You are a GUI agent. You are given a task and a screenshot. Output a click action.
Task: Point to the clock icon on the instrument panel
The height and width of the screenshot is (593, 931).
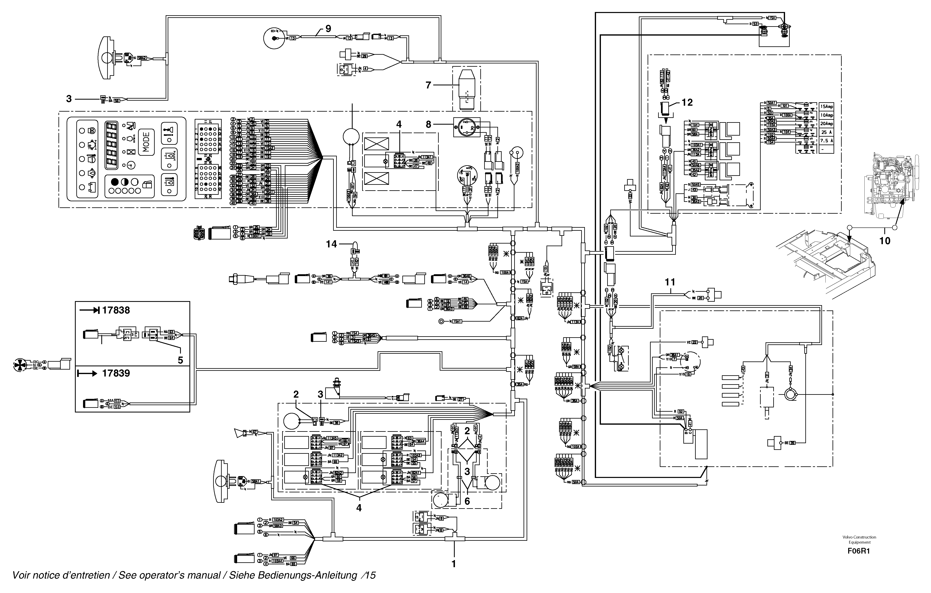(131, 165)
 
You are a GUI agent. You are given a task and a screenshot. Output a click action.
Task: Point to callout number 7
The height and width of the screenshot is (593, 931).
(428, 85)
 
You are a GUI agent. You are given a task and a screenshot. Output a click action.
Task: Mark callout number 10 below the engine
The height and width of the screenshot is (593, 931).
(885, 241)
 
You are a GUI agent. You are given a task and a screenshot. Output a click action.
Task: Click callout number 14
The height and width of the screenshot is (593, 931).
(331, 244)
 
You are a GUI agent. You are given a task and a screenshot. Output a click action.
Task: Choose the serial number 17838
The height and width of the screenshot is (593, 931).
(116, 310)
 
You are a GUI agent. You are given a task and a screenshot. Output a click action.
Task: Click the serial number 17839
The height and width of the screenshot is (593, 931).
(116, 373)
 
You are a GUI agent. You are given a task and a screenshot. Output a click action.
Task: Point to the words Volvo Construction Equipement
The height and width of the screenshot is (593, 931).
(859, 540)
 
